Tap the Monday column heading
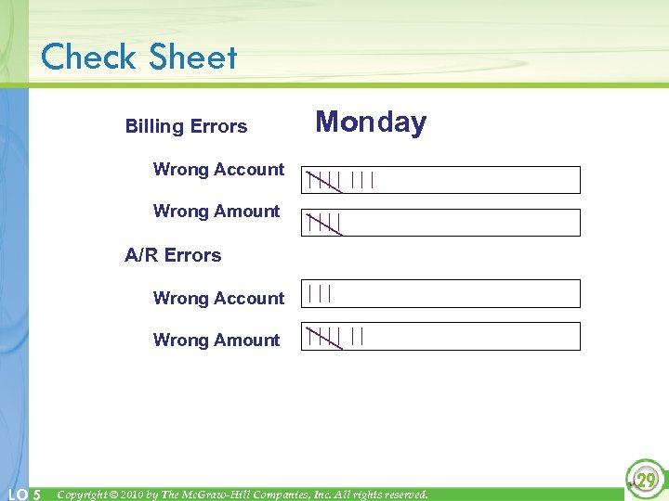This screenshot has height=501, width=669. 371,122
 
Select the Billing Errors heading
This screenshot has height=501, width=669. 186,126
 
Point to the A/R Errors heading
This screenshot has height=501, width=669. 173,255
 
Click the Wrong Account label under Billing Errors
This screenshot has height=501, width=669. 218,170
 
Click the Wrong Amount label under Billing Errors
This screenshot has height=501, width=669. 216,212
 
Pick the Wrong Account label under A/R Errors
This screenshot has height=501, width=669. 218,299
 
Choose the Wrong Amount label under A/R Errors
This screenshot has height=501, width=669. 216,340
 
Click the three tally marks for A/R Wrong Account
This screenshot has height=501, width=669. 320,293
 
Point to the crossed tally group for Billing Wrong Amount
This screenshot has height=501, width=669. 325,223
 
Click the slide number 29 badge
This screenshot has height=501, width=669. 645,479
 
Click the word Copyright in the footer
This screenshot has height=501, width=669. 86,495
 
